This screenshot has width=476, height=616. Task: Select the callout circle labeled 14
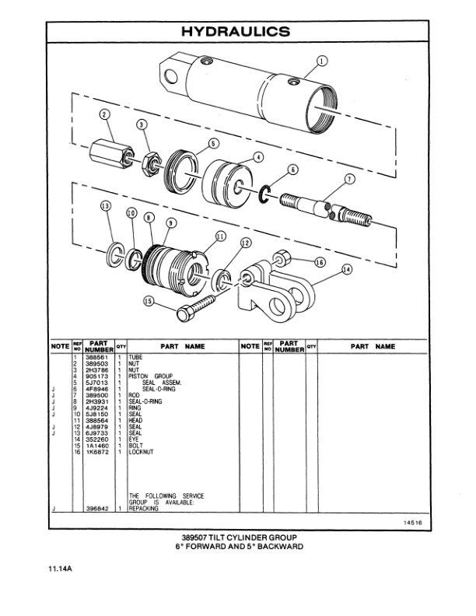tap(346, 269)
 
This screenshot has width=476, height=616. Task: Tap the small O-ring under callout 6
tap(264, 191)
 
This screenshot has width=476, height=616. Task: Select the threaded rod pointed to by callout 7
tap(325, 208)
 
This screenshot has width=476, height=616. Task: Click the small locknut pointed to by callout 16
tap(282, 256)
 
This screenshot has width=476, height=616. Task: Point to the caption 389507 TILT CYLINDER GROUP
tap(238, 537)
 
